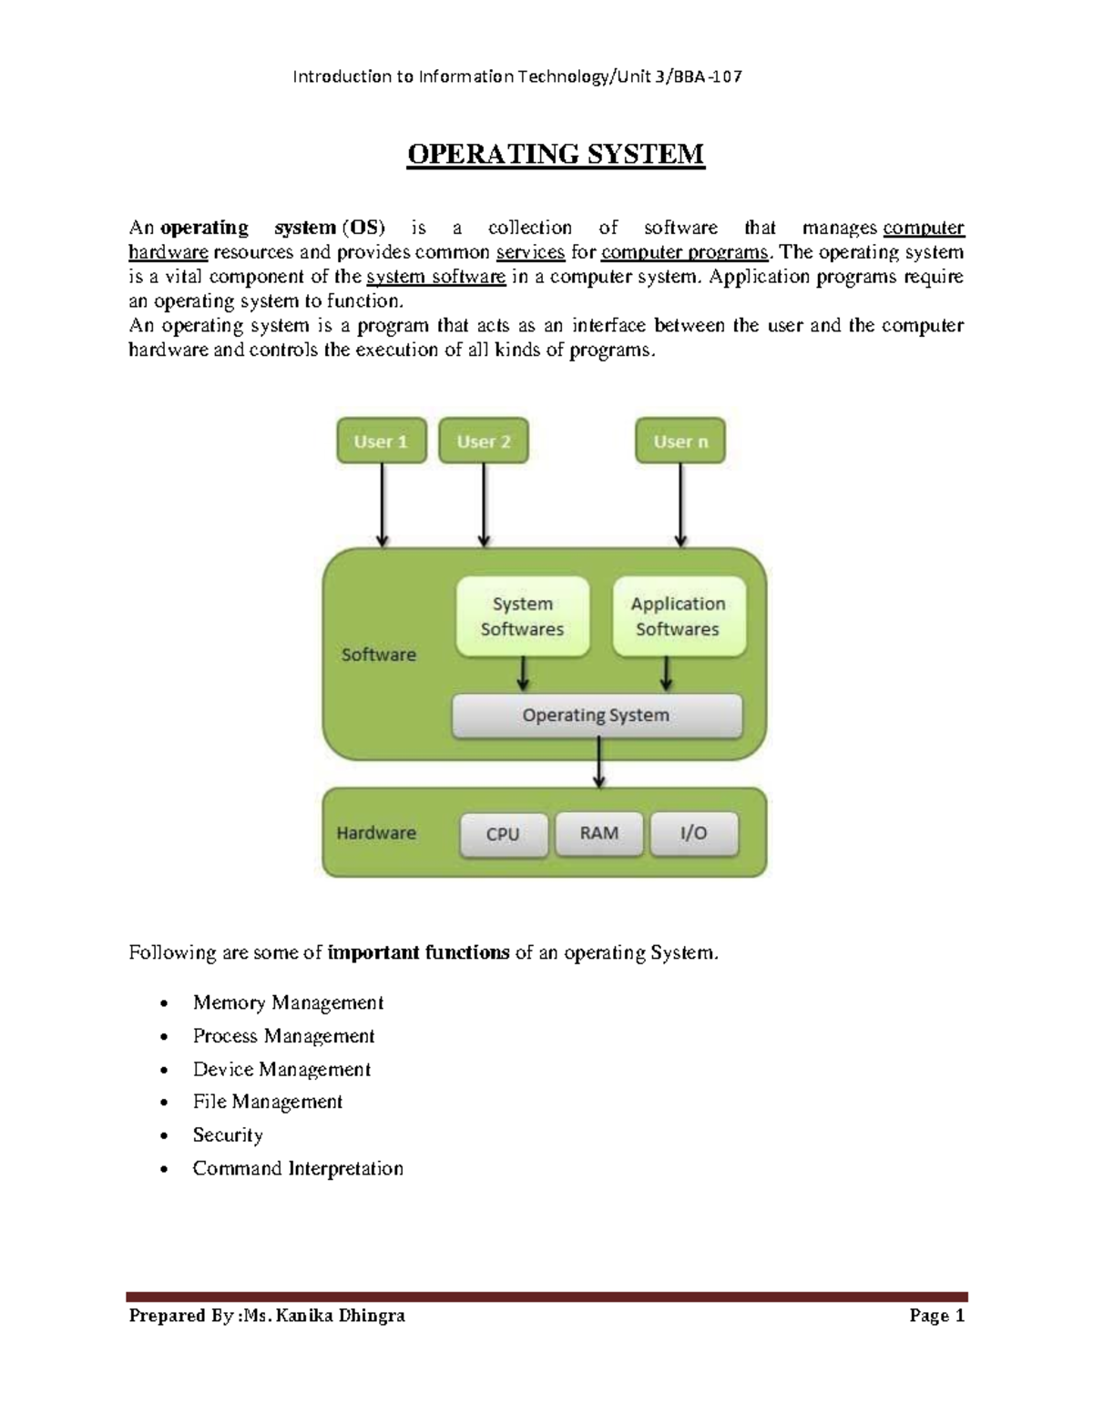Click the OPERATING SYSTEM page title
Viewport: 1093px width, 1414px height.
(x=556, y=154)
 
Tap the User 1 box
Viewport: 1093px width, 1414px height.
(x=382, y=442)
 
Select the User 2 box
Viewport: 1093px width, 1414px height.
(x=484, y=442)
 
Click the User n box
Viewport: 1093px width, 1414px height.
(x=680, y=442)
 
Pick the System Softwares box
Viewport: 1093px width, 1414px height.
(x=523, y=616)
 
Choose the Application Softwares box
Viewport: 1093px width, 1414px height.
(x=679, y=616)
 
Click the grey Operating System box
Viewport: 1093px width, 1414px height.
(x=597, y=716)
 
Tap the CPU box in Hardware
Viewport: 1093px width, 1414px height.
(x=503, y=834)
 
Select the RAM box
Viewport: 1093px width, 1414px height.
(x=599, y=833)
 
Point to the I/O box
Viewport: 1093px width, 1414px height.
(x=694, y=833)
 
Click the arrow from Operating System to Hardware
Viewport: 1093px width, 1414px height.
(x=598, y=763)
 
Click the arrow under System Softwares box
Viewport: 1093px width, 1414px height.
(x=523, y=675)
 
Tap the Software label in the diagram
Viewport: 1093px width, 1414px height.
(x=379, y=655)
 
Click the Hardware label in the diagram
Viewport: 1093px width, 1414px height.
(x=376, y=833)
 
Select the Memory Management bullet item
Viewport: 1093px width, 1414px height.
(x=288, y=1002)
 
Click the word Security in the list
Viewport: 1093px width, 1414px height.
(x=228, y=1134)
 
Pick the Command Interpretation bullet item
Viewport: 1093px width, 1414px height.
(x=298, y=1168)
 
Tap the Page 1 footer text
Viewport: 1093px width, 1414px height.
(x=936, y=1316)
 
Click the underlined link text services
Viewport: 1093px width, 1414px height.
(x=530, y=252)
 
